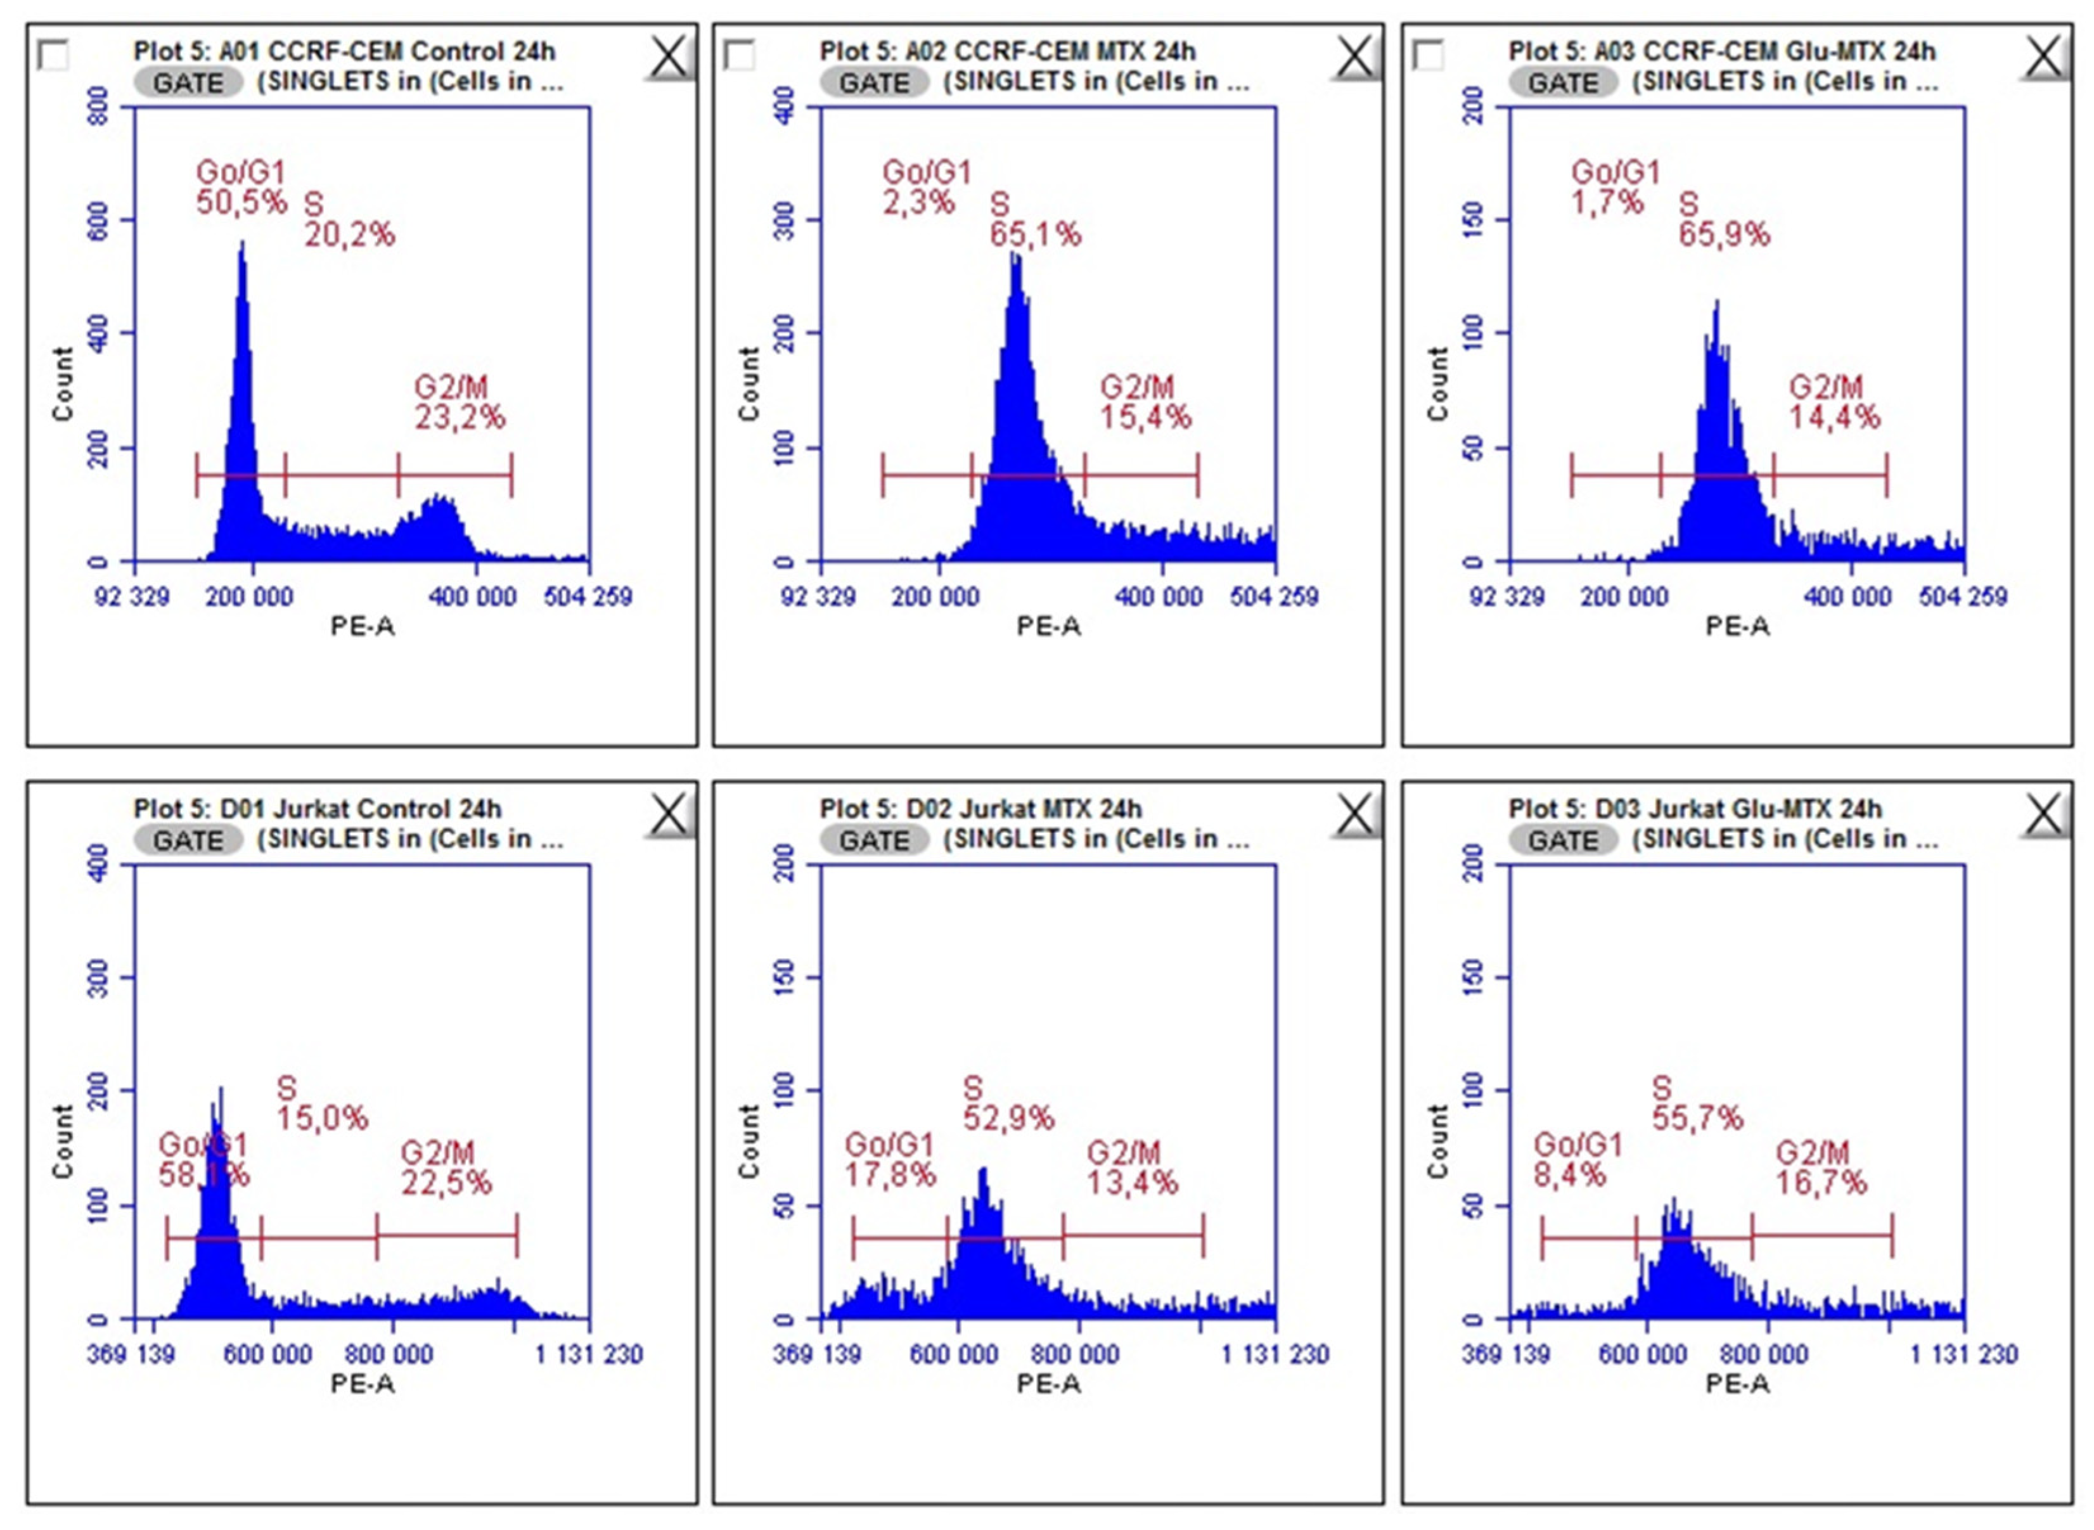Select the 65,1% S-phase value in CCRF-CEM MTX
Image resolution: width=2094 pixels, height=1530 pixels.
coord(1034,235)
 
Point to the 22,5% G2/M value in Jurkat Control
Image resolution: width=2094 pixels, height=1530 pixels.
coord(446,1183)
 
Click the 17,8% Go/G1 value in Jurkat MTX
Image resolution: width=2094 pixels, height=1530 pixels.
coord(890,1175)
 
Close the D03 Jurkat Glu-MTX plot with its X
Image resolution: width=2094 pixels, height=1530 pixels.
coord(2043,816)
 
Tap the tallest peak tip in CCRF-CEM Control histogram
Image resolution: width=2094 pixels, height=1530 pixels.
coord(243,243)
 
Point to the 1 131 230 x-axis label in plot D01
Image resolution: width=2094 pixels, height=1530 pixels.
coord(589,1355)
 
